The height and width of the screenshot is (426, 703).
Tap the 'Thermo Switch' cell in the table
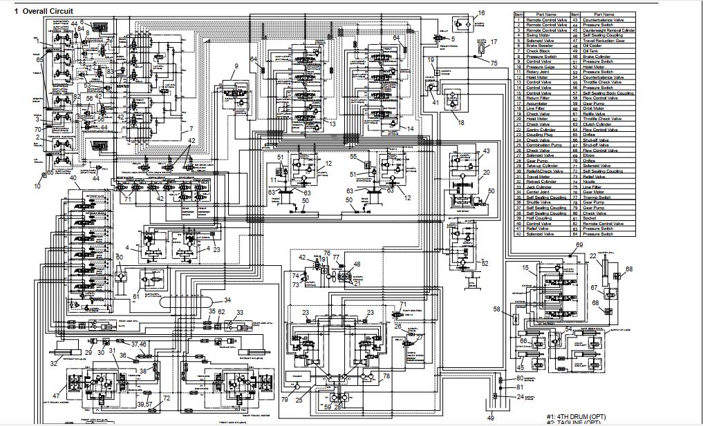point(597,197)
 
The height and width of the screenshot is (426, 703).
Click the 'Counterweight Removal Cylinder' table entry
point(608,30)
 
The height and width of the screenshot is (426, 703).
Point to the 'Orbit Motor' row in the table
point(594,108)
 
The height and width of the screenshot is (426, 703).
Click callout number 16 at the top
point(481,12)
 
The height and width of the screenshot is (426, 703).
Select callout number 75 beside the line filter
point(494,64)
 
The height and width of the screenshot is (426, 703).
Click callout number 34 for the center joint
point(227,300)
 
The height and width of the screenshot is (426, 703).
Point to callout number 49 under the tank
point(491,418)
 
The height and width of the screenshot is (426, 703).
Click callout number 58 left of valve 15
point(496,309)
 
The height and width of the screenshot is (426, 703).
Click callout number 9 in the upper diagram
point(236,66)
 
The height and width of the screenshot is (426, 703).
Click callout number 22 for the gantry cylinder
point(593,255)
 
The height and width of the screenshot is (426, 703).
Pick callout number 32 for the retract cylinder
point(54,363)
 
